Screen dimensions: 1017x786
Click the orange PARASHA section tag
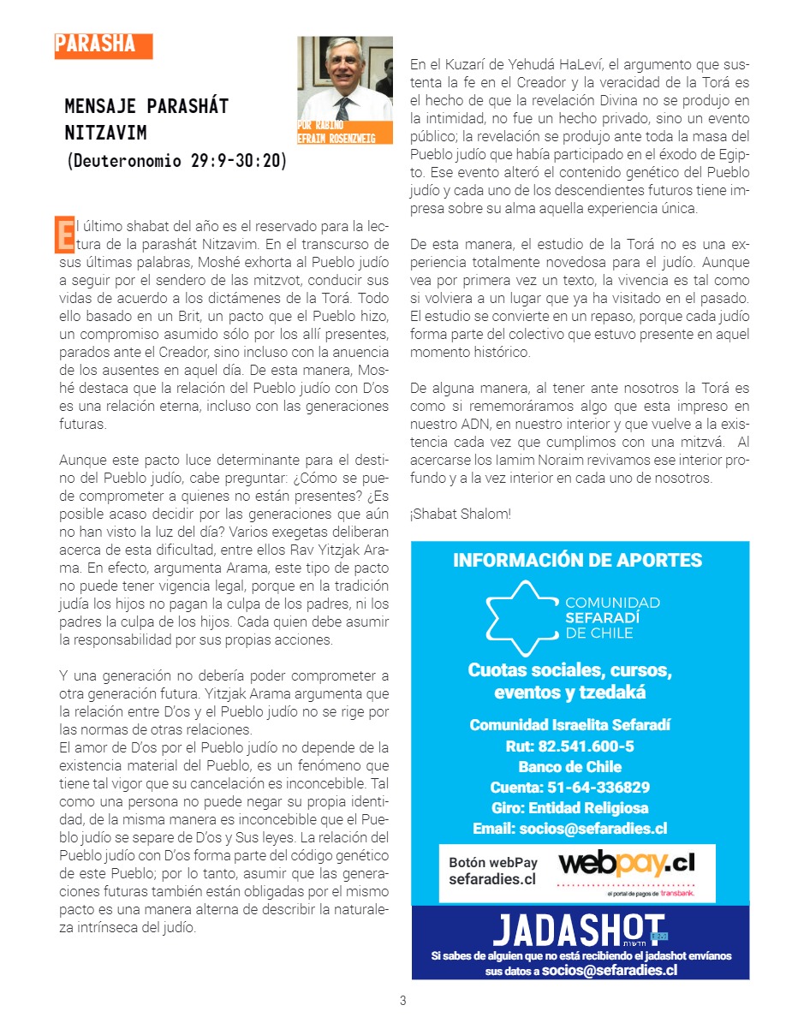coord(103,45)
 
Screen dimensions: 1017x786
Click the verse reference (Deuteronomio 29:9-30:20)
coord(176,160)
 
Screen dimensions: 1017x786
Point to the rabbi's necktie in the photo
coord(343,108)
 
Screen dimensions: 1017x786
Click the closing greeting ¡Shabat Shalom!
coord(461,514)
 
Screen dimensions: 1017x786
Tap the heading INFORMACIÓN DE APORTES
coord(578,561)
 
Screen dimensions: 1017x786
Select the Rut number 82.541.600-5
coord(569,746)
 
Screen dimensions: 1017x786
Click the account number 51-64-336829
coord(569,787)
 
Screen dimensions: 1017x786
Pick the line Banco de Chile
coord(569,766)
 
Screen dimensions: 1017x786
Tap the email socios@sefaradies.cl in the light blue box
coord(569,828)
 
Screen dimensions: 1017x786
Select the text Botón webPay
coord(493,863)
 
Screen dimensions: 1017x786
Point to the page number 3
coord(402,1001)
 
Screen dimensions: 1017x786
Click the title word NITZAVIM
coord(105,134)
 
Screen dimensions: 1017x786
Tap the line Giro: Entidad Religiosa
coord(569,807)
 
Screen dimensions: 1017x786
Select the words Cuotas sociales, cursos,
coord(569,669)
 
